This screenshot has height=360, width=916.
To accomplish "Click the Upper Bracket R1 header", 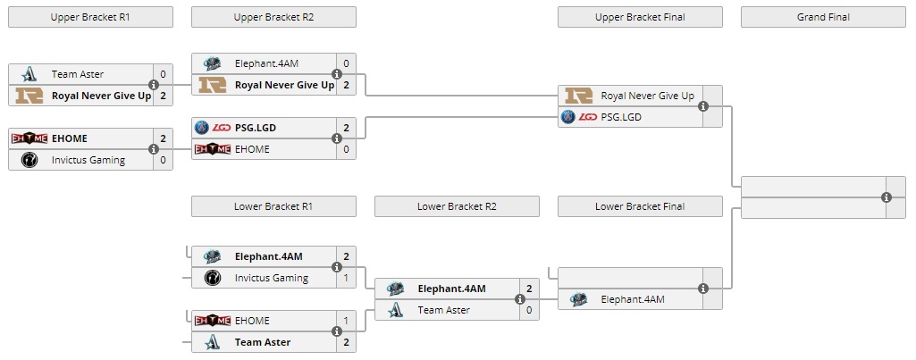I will coord(90,17).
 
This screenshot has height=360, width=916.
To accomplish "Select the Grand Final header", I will coord(823,17).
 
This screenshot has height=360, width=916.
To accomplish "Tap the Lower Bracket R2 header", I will coord(457,206).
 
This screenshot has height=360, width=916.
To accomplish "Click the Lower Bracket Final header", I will coord(640,206).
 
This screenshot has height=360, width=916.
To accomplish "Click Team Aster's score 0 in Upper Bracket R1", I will coord(163,74).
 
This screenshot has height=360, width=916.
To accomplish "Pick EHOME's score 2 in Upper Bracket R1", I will coord(163,138).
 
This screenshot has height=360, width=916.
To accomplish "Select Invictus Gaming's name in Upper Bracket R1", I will coord(88,160).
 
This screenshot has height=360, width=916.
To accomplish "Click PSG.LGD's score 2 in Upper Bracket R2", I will coord(346,128).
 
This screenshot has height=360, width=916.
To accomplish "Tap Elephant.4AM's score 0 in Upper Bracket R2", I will coord(346,63).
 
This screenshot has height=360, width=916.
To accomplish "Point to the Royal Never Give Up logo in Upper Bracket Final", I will coord(578,96).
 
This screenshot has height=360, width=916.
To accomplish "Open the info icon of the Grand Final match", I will coord(887,197).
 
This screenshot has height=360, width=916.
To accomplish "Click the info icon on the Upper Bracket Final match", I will coord(703,106).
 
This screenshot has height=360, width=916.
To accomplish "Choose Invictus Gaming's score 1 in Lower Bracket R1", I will coord(346,278).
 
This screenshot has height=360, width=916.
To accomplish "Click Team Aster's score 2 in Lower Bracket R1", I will coord(346,342).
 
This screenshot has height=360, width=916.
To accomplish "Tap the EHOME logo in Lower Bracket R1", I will coord(213,321).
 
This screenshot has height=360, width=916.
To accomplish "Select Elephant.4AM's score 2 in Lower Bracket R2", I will coord(529,289).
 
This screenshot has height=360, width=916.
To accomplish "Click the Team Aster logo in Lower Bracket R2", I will coord(396,310).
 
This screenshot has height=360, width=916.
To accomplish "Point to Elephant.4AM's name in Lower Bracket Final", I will coord(633,299).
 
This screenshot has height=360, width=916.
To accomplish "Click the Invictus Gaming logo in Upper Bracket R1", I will coord(29,160).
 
